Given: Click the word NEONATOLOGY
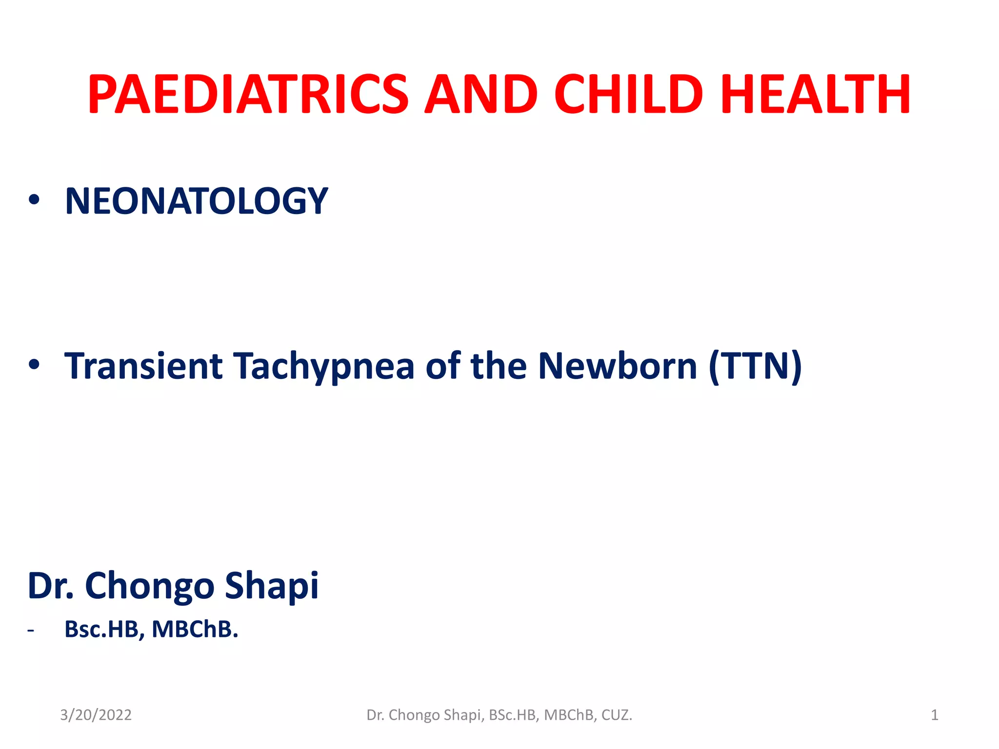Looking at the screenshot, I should [197, 201].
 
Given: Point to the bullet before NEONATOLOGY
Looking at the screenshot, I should [34, 199].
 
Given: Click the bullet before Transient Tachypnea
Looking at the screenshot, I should [34, 364].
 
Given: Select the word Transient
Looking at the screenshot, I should [144, 366].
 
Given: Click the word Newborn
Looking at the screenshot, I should [618, 366].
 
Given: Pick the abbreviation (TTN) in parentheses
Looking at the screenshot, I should [755, 366].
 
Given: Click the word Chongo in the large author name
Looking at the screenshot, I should [149, 586].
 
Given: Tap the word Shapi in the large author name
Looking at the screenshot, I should [272, 586].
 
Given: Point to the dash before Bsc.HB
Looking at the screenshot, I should [31, 631].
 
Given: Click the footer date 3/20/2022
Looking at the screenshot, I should [96, 715].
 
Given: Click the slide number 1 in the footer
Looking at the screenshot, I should [934, 715].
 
